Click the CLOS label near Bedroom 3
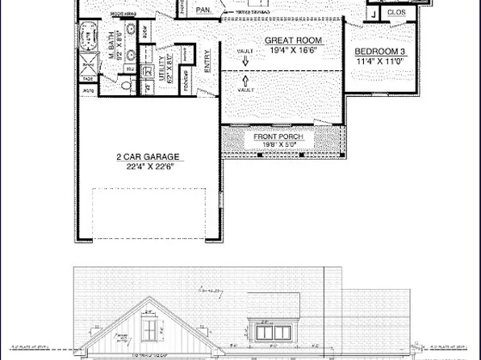(395, 13)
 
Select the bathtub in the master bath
(89, 37)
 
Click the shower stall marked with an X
(86, 64)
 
